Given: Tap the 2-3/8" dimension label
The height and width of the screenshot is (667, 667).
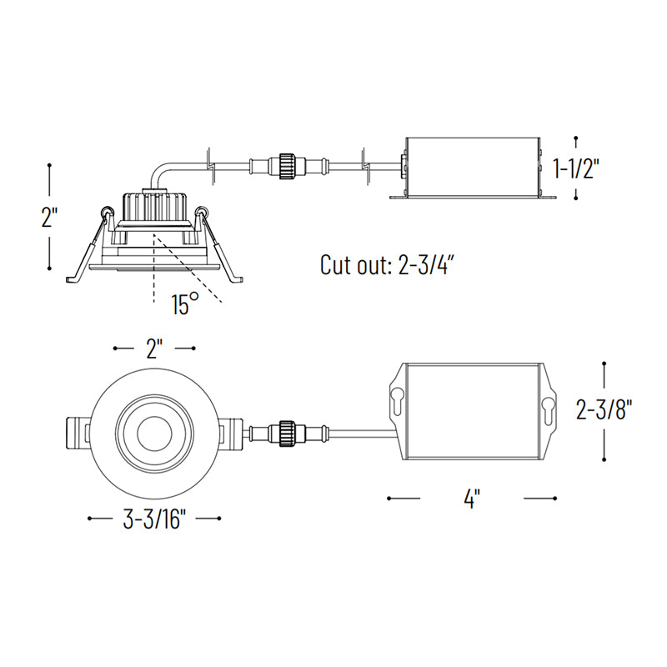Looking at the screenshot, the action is pyautogui.click(x=604, y=410).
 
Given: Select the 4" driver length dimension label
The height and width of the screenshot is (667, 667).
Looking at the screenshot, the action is pyautogui.click(x=472, y=498).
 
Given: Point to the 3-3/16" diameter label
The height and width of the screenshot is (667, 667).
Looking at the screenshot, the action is pyautogui.click(x=154, y=519).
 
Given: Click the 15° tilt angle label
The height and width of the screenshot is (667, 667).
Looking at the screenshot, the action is pyautogui.click(x=185, y=303).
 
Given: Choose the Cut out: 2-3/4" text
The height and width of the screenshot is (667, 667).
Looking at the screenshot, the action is pyautogui.click(x=384, y=264).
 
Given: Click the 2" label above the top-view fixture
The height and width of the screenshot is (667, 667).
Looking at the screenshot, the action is pyautogui.click(x=154, y=349).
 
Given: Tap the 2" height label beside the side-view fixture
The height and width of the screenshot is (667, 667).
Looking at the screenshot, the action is pyautogui.click(x=49, y=217).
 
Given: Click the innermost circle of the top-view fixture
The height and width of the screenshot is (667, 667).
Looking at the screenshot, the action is pyautogui.click(x=154, y=434).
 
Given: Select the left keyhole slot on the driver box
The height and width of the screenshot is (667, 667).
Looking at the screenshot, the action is pyautogui.click(x=398, y=401).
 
